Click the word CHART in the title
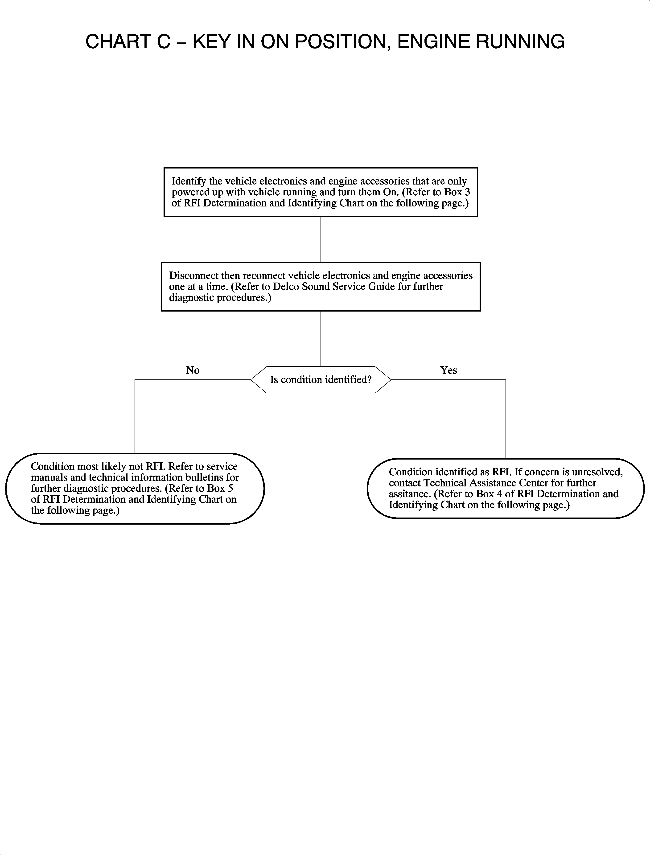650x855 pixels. pos(118,42)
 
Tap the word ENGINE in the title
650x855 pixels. pos(433,42)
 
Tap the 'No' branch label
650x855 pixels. pos(193,370)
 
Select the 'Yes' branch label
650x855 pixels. pos(448,370)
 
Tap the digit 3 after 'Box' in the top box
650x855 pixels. pos(467,192)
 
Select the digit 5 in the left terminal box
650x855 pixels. pos(230,489)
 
